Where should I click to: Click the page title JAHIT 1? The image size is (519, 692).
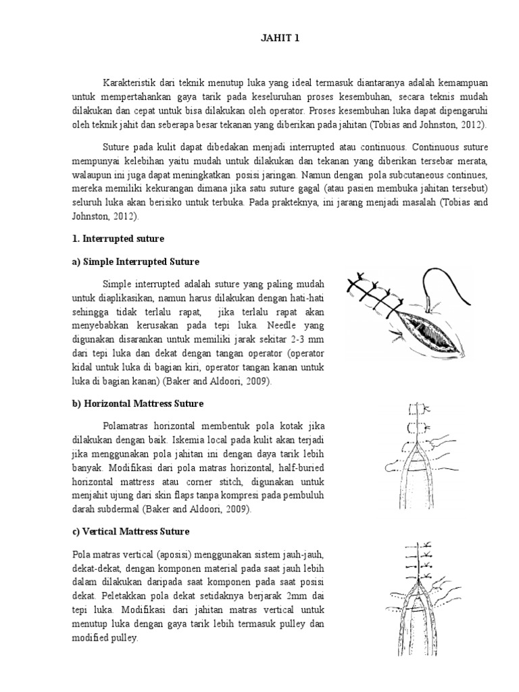point(279,39)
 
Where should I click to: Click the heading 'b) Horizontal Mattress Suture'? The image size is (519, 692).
point(143,403)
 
